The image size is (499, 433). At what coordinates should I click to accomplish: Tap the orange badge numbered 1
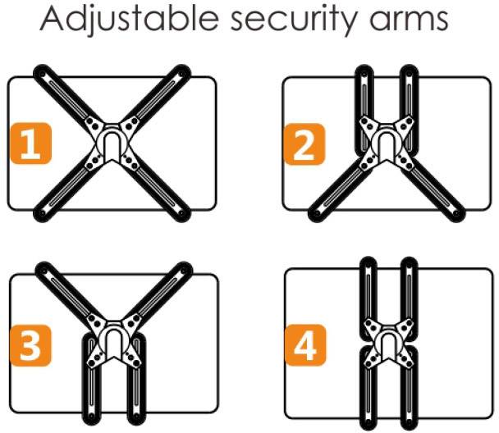pyautogui.click(x=30, y=145)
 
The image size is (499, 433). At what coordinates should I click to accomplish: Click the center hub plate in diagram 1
pyautogui.click(x=111, y=141)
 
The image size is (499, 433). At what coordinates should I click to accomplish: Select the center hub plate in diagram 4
pyautogui.click(x=384, y=340)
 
